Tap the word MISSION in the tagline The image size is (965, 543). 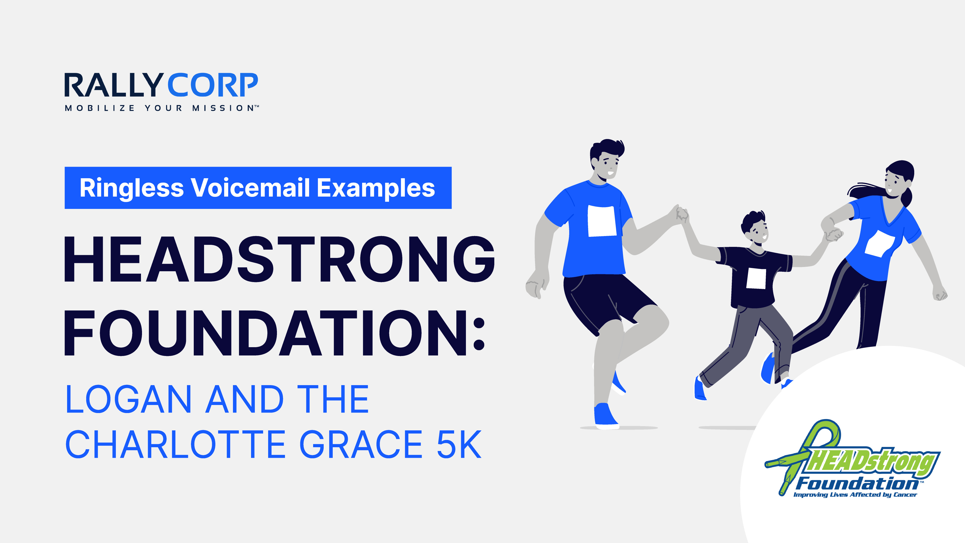tap(223, 108)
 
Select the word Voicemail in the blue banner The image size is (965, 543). tap(251, 188)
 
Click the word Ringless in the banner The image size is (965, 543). tap(131, 188)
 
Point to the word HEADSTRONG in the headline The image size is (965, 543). tap(279, 259)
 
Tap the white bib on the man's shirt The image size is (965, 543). tap(602, 221)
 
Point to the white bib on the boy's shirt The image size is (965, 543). tap(756, 279)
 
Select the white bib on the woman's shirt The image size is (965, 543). tap(880, 244)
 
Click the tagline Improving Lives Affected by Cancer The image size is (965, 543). tap(855, 495)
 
